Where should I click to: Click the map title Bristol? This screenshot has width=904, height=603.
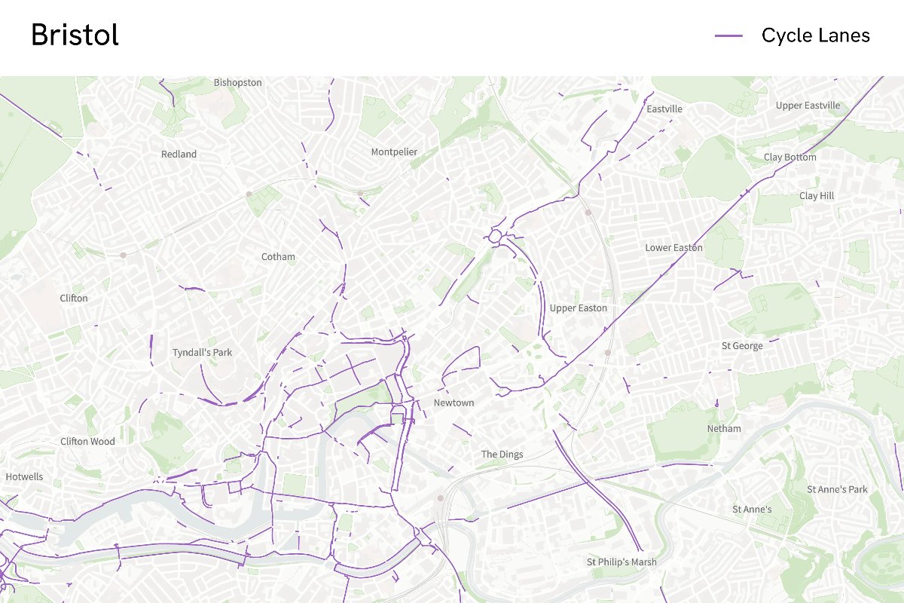[75, 35]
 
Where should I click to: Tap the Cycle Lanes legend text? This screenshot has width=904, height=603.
[815, 35]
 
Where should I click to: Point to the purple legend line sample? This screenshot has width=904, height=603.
[728, 35]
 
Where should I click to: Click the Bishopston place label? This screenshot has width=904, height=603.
[237, 82]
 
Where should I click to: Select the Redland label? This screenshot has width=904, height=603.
[179, 155]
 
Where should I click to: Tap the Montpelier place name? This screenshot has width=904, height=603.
[394, 152]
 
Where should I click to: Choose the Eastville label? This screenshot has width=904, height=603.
[664, 109]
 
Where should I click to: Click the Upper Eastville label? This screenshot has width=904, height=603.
[808, 106]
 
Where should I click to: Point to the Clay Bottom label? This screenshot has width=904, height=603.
[789, 158]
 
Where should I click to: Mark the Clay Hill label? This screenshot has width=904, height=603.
[817, 196]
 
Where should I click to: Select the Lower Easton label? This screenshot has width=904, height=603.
[673, 248]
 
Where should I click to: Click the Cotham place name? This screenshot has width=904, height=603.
[278, 257]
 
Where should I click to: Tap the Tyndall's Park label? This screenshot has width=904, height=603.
[202, 353]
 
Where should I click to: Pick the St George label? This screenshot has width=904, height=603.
[742, 346]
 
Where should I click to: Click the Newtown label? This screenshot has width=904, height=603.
[454, 403]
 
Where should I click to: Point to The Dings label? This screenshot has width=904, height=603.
[502, 455]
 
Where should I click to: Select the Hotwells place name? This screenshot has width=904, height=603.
[24, 477]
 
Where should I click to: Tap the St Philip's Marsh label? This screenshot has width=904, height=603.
[621, 562]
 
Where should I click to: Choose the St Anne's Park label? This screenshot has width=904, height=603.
[837, 490]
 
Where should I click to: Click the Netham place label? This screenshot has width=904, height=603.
[724, 429]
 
